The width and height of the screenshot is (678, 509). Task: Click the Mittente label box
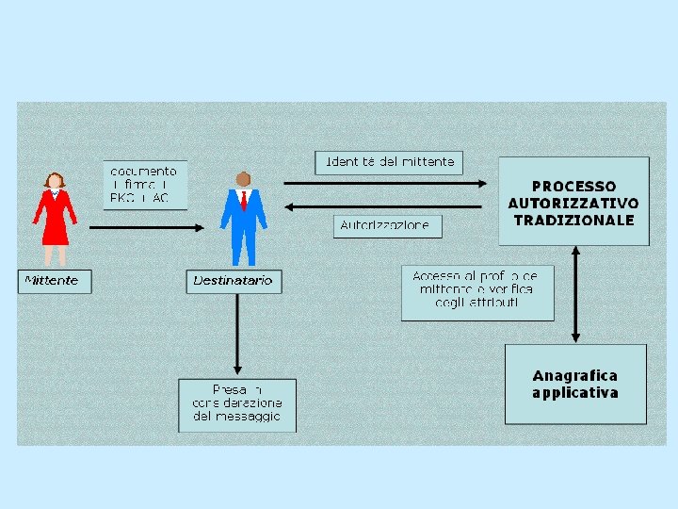click(x=55, y=281)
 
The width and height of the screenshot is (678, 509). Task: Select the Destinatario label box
click(x=234, y=281)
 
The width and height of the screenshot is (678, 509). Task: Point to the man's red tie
click(x=243, y=201)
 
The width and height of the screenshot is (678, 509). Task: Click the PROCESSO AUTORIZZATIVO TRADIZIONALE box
click(x=573, y=202)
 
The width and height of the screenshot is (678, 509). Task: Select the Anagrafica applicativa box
click(x=575, y=384)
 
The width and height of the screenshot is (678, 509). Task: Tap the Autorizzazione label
click(x=386, y=226)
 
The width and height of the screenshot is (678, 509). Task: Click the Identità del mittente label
click(x=389, y=162)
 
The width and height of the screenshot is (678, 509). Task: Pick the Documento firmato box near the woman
click(x=144, y=185)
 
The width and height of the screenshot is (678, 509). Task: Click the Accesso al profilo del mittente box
click(x=477, y=292)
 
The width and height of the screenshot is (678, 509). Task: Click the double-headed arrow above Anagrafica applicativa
click(x=576, y=294)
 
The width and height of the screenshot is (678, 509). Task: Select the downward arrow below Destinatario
click(x=236, y=335)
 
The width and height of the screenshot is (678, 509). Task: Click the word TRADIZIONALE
click(x=573, y=221)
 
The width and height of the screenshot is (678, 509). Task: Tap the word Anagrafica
click(x=574, y=375)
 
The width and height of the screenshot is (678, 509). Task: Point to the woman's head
click(x=55, y=180)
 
